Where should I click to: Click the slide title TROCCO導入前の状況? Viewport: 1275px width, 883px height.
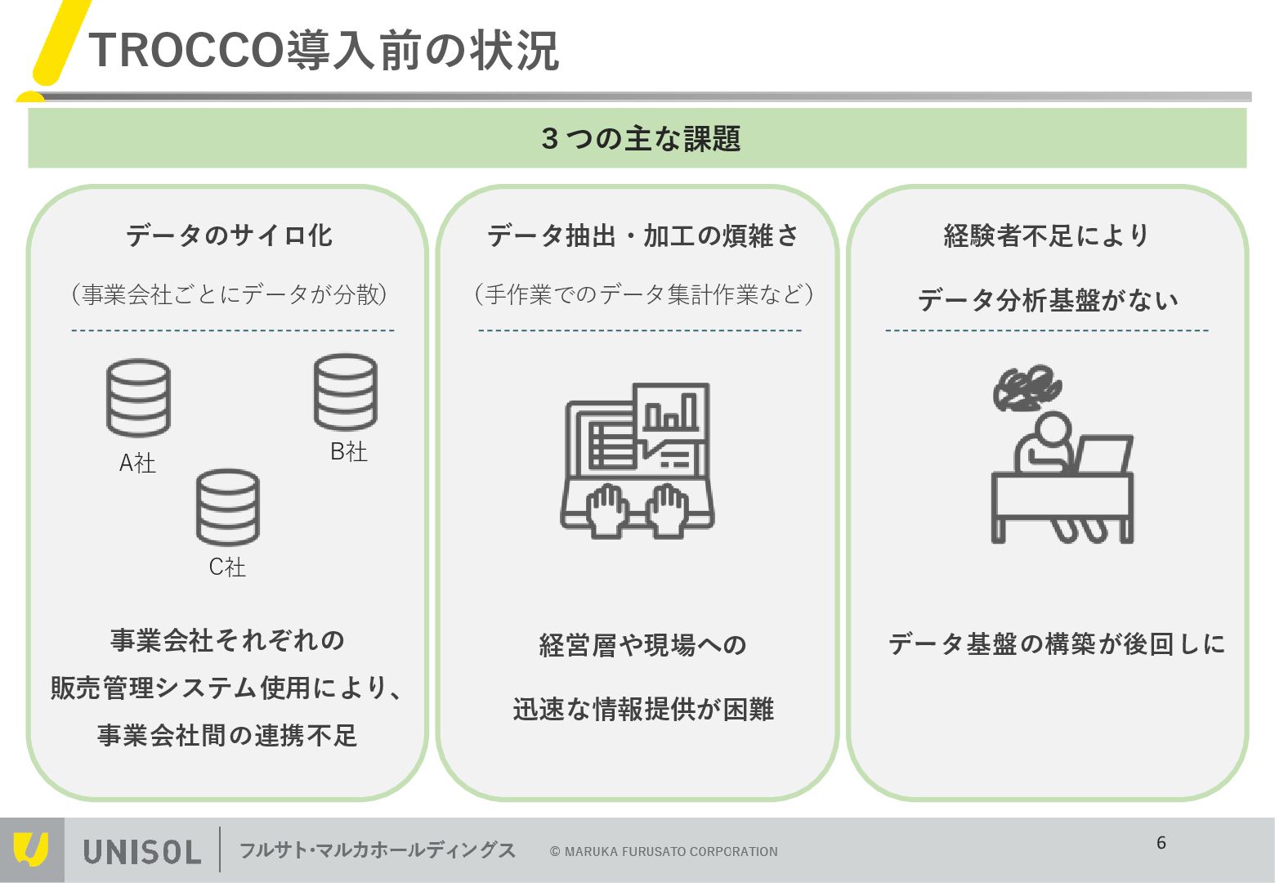point(324,51)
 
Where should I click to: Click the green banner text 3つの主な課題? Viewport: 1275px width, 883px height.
point(640,138)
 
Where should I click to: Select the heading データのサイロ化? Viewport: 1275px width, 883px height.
point(229,235)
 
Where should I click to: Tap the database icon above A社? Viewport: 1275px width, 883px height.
point(138,398)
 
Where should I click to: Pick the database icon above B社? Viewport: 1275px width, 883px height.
point(346,392)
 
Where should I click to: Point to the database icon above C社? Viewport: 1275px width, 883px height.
point(227,508)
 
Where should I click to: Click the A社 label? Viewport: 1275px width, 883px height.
point(137,464)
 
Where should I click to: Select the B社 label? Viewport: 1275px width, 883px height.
point(348,451)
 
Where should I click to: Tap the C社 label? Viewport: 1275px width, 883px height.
point(227,567)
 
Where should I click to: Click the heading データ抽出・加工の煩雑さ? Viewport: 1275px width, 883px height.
point(642,235)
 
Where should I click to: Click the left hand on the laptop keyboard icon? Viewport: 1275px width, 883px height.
point(606,509)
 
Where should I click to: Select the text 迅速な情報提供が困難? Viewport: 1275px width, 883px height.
point(643,709)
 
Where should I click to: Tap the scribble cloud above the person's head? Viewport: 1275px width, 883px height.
point(1027,388)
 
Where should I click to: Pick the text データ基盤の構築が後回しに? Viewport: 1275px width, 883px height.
point(1056,644)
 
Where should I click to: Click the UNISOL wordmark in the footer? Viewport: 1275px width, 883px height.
point(142,851)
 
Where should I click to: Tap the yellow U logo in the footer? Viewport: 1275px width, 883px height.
point(31,849)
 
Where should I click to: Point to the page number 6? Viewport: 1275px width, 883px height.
point(1161,843)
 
